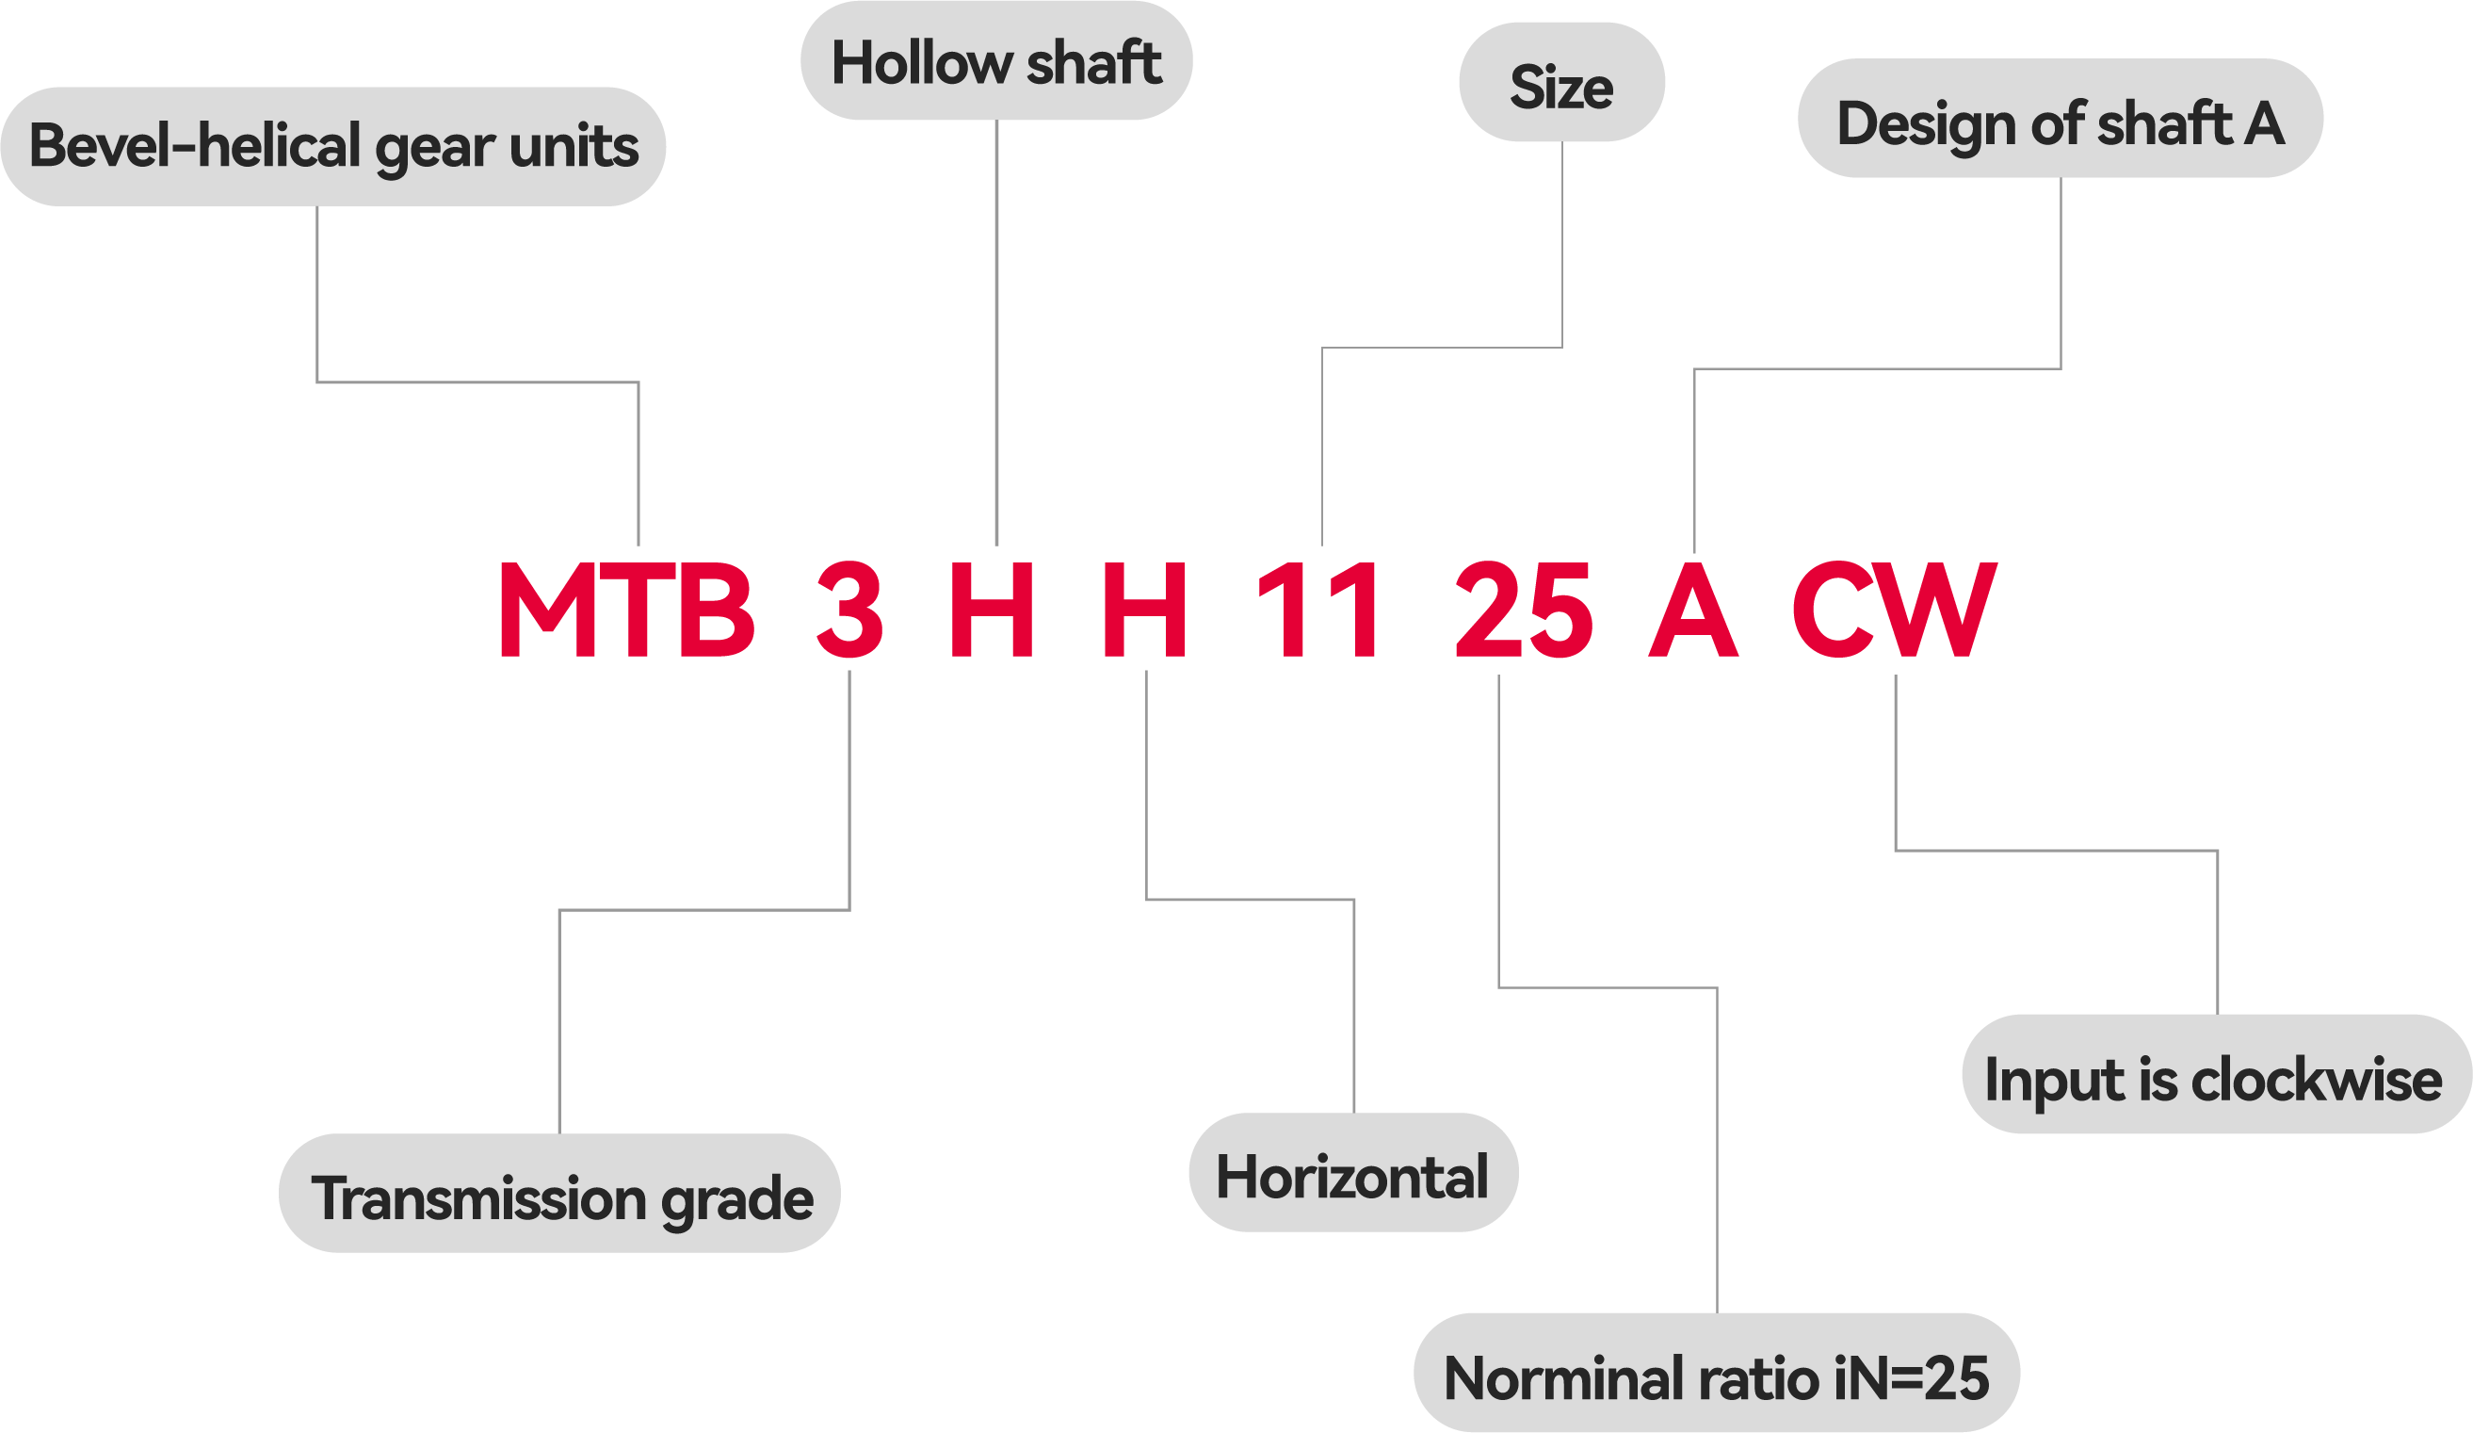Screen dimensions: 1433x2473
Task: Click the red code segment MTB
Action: tap(626, 610)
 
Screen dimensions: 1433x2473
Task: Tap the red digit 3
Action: tap(849, 610)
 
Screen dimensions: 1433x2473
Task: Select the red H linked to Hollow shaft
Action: tap(991, 610)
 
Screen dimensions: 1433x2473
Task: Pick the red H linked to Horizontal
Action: tap(1144, 610)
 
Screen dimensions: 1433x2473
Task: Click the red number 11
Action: tap(1317, 610)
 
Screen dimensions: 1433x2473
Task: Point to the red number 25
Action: tap(1523, 610)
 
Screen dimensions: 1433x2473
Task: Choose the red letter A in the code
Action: tap(1693, 610)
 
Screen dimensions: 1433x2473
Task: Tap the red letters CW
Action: tap(1894, 610)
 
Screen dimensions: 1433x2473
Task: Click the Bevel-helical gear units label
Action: tap(332, 146)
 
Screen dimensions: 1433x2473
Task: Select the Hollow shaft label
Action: tap(996, 63)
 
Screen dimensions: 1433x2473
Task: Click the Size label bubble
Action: tap(1561, 85)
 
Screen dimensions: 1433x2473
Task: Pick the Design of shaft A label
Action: tap(2060, 121)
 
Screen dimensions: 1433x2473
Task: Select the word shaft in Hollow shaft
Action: tap(1093, 63)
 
